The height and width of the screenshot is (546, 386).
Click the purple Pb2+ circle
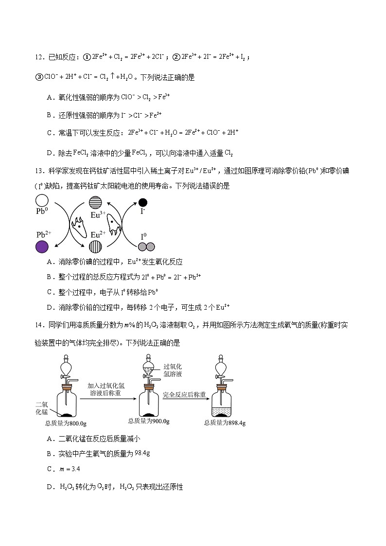point(42,247)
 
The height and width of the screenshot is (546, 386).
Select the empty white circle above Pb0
point(42,200)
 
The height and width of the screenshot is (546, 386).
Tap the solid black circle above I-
point(143,202)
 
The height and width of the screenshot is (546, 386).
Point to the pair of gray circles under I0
point(146,247)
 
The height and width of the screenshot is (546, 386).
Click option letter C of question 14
point(50,469)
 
